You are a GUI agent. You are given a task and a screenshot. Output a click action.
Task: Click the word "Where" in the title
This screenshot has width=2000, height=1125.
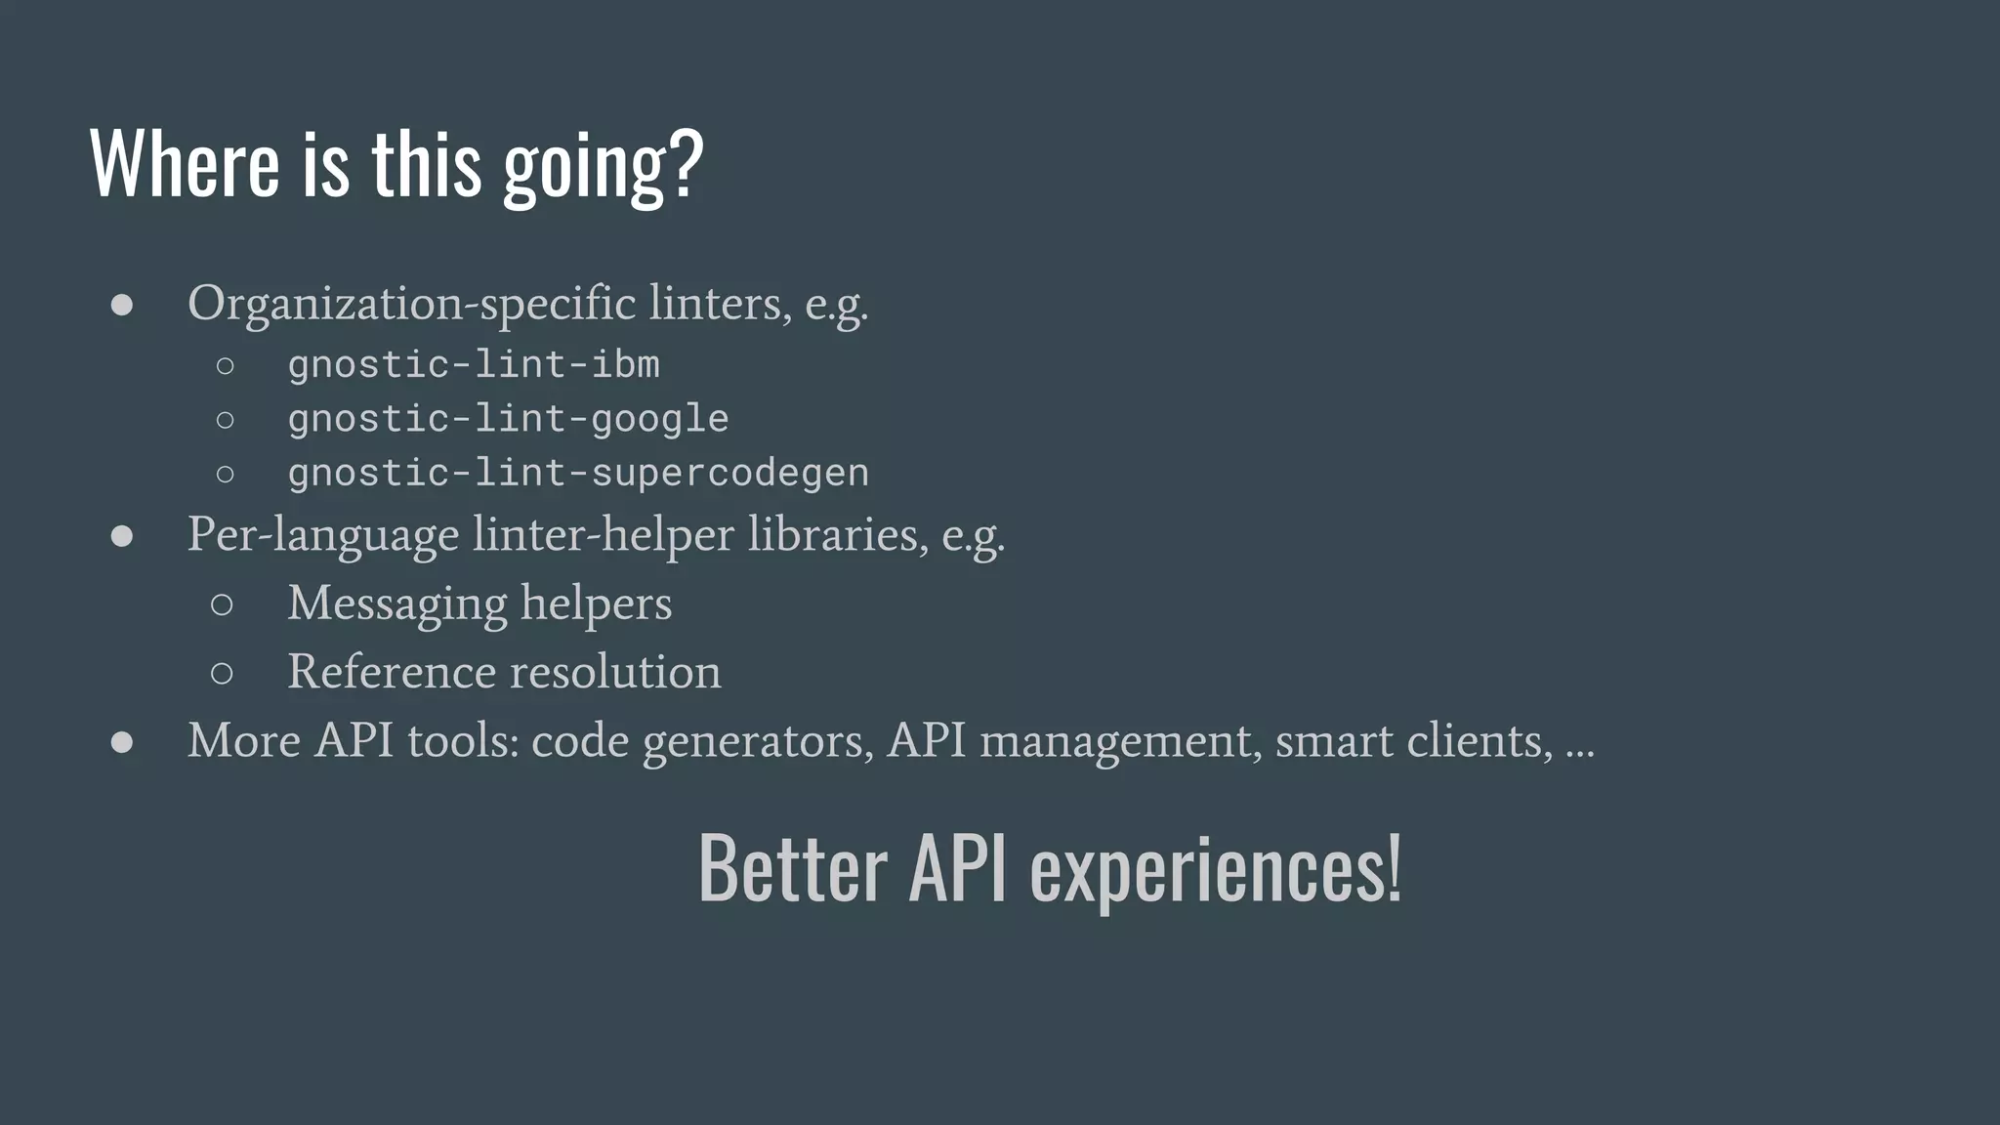(x=185, y=163)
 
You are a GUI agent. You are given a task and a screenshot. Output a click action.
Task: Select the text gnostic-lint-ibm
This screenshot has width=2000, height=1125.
(x=474, y=364)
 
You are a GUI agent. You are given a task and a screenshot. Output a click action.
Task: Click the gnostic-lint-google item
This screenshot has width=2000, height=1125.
(x=508, y=419)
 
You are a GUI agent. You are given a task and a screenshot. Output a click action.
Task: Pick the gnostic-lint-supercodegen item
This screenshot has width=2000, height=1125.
(x=578, y=473)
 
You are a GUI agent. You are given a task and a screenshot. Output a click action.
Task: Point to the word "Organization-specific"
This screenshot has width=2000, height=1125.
(x=411, y=303)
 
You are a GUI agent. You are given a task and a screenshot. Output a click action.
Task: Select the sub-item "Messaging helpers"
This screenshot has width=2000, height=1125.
(x=479, y=604)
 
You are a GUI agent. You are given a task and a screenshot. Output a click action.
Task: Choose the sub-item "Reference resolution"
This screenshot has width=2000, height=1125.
(x=504, y=672)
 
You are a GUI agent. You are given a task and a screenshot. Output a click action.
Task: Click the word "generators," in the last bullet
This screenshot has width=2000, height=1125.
(x=758, y=741)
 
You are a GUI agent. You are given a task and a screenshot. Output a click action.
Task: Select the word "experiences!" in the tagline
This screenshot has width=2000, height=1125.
(x=1216, y=870)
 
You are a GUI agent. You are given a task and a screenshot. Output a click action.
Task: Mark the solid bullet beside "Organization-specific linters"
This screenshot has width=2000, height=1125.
(x=122, y=305)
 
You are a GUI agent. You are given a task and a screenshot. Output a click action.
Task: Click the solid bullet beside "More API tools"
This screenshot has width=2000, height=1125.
(x=122, y=742)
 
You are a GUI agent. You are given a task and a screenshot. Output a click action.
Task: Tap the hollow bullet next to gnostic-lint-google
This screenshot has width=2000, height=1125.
(x=225, y=420)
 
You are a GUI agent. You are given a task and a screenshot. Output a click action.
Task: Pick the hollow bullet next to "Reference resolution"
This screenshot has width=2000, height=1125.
(x=222, y=673)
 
